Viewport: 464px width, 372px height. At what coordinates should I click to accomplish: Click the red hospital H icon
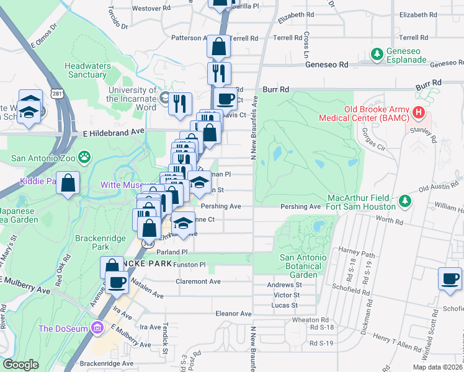click(x=419, y=113)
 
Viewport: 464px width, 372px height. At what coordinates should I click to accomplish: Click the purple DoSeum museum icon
click(x=96, y=327)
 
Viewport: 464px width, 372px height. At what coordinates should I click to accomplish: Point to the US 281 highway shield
click(x=56, y=94)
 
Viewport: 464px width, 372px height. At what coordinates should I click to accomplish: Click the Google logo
click(x=21, y=364)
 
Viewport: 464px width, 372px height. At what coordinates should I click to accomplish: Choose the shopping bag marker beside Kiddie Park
click(x=68, y=183)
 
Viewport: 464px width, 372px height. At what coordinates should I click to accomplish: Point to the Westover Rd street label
click(x=151, y=9)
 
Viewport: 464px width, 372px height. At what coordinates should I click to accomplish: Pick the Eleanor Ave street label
click(x=233, y=314)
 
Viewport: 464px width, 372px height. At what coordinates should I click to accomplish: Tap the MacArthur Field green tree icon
click(x=404, y=201)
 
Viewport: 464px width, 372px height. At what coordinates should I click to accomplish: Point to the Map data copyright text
click(x=437, y=366)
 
